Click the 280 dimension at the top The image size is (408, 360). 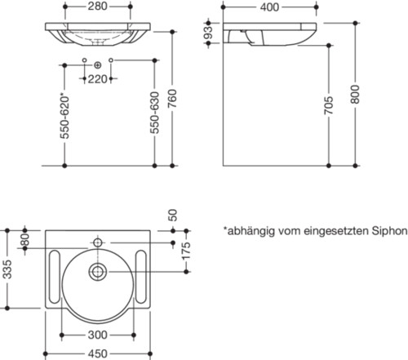point(97,7)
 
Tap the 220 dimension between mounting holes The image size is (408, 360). point(98,79)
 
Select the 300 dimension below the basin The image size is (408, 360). point(98,335)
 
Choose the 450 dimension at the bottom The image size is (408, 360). point(97,353)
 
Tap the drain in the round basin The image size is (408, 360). point(98,272)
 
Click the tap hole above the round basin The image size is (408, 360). point(98,242)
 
